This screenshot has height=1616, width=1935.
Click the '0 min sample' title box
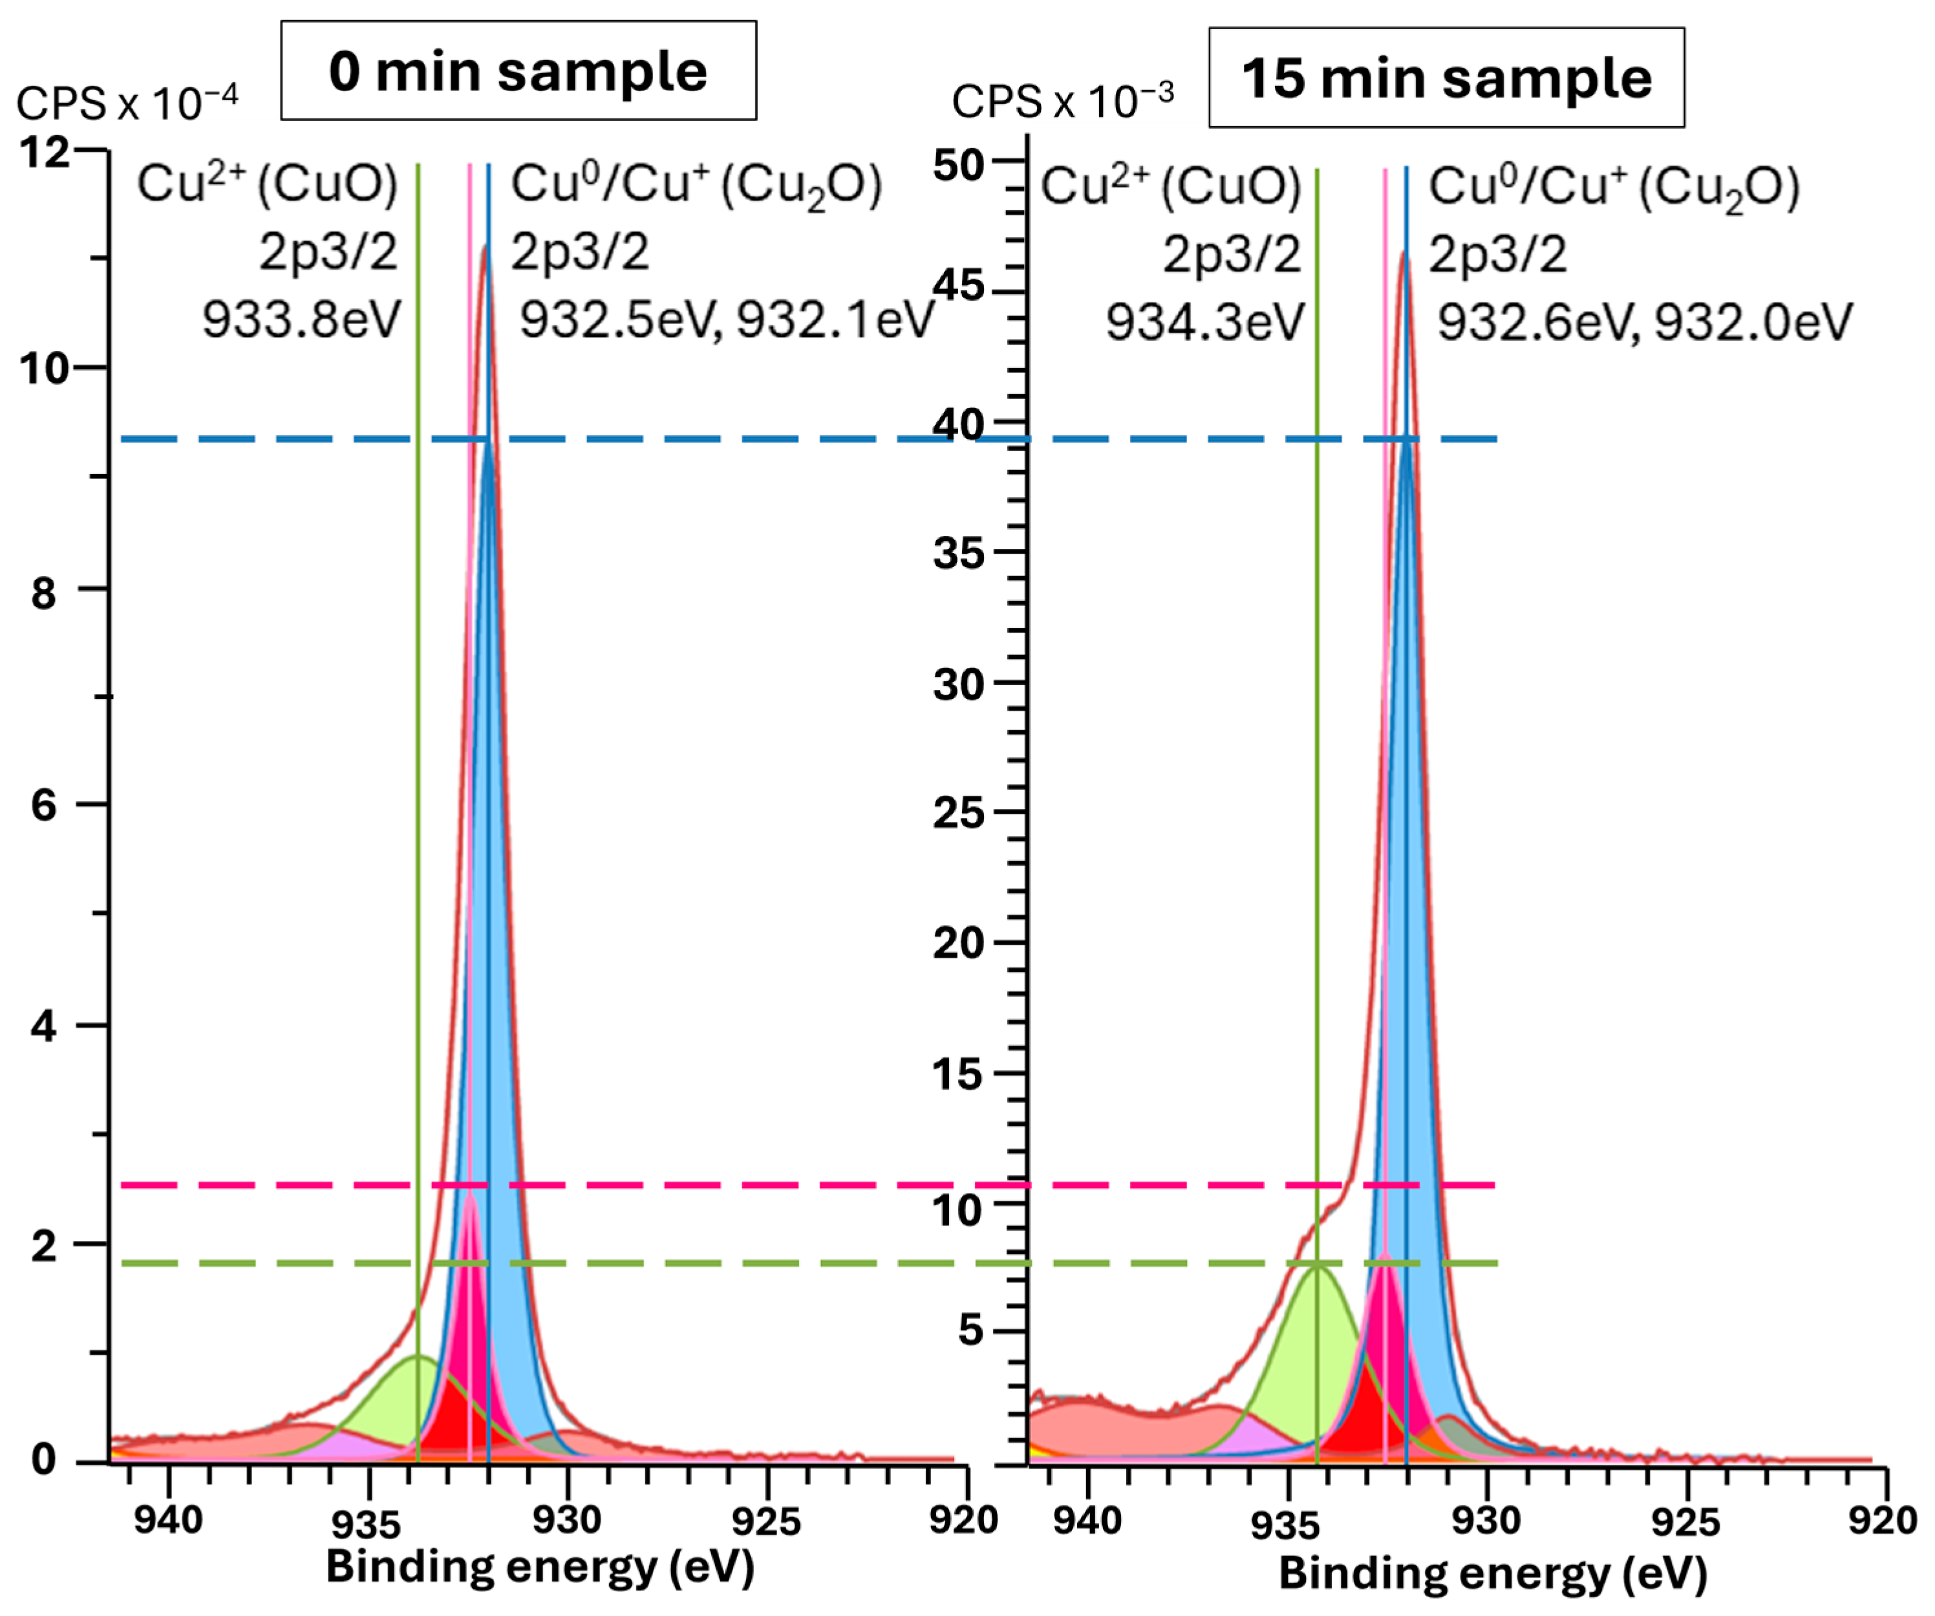tap(518, 71)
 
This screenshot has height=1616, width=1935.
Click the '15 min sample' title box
tap(1446, 78)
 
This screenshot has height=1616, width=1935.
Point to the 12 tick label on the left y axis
tap(45, 152)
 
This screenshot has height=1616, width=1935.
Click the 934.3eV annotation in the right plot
tap(1204, 323)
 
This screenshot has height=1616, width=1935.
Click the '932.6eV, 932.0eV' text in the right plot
tap(1644, 323)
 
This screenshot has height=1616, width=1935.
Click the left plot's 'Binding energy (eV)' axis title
tap(540, 1566)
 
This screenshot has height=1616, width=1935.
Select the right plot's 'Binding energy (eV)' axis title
tap(1493, 1573)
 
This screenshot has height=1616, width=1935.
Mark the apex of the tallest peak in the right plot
tap(1404, 253)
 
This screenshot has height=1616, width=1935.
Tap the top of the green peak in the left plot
tap(418, 1356)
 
